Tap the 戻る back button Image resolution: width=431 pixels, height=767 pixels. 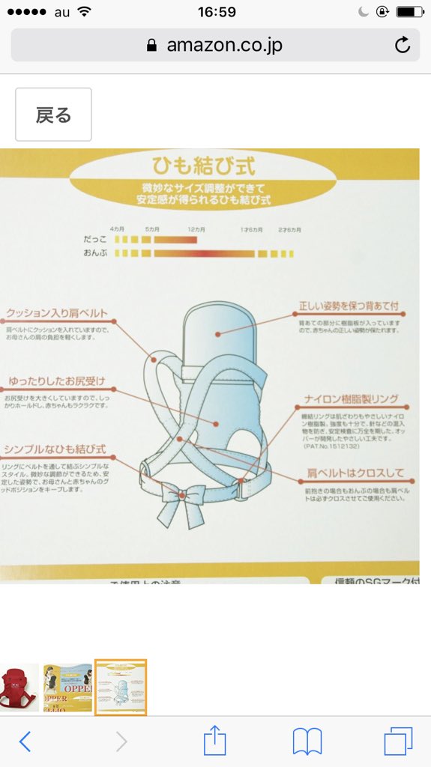[53, 115]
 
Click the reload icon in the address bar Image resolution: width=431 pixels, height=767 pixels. [403, 45]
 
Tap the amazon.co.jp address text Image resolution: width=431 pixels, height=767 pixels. [224, 45]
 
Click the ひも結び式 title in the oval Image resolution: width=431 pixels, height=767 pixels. [203, 164]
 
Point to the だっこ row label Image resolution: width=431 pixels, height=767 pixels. [96, 240]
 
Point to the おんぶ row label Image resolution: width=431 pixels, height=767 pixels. [96, 254]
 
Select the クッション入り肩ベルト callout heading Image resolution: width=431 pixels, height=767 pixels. [57, 313]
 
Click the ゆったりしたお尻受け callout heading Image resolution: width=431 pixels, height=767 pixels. [57, 381]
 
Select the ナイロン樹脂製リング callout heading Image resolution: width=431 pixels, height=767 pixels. [351, 398]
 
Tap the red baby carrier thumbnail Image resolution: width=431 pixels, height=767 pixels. [18, 687]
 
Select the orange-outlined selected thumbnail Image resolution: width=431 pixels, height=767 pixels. [120, 687]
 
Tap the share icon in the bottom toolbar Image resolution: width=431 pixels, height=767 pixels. [215, 741]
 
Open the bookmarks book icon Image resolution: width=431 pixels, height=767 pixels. [307, 741]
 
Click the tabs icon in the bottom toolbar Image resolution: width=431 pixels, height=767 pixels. [398, 741]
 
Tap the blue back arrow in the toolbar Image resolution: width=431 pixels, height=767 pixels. [25, 741]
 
